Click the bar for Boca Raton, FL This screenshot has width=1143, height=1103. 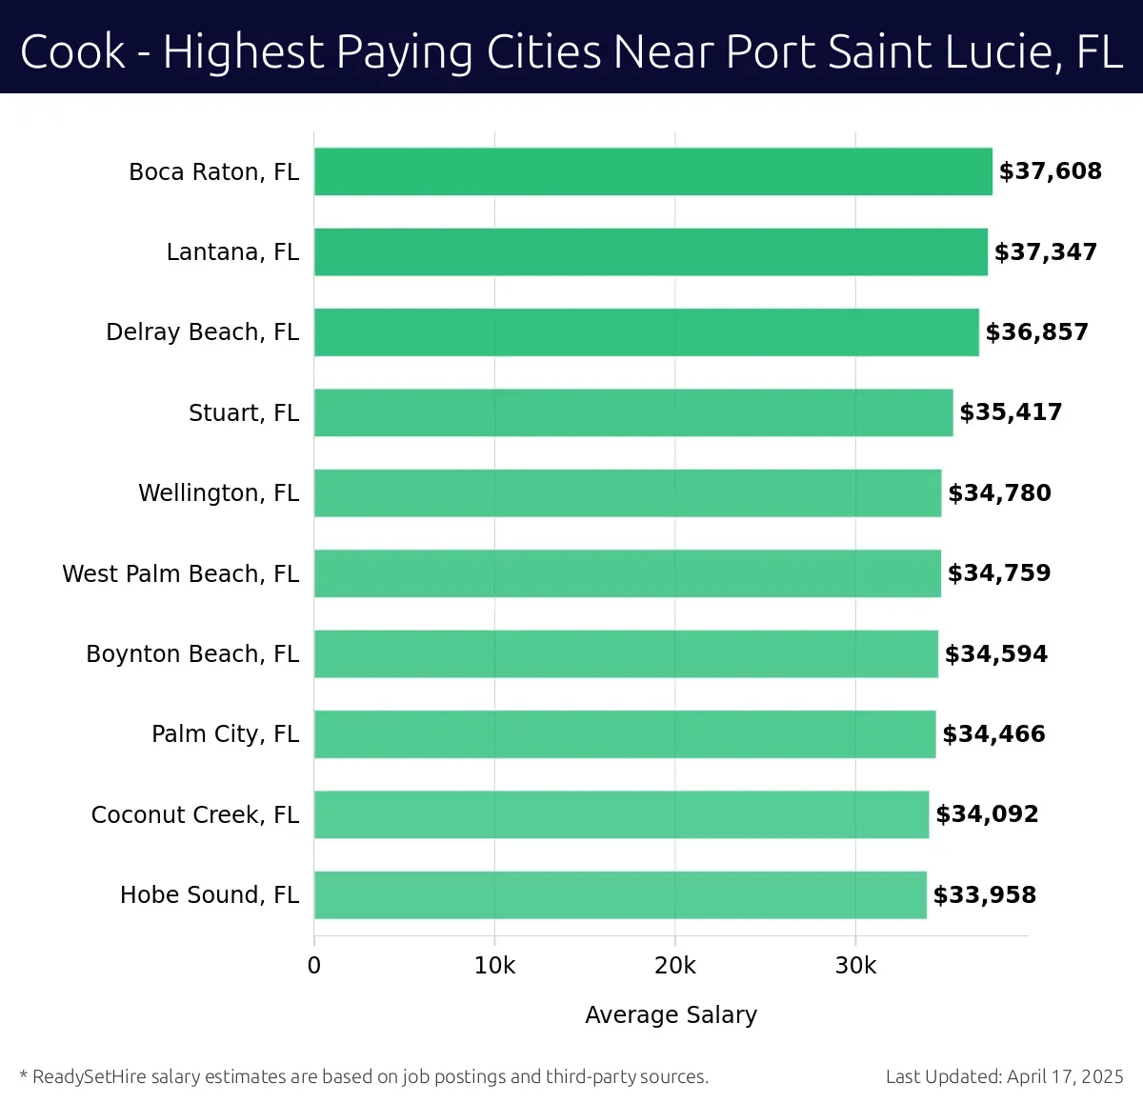(x=653, y=171)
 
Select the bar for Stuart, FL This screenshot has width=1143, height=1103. (x=633, y=412)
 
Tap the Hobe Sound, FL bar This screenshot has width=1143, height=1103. (x=620, y=894)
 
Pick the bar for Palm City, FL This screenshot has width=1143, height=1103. (x=625, y=734)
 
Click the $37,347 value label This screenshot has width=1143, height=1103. (x=1046, y=252)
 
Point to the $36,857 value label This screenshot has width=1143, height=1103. (x=1036, y=332)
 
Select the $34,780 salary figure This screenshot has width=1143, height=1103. (x=999, y=493)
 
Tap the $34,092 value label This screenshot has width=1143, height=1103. (x=987, y=814)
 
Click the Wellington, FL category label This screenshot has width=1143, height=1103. (x=218, y=493)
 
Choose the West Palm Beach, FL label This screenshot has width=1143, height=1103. (x=180, y=573)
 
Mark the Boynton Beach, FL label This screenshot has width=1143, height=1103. (x=192, y=654)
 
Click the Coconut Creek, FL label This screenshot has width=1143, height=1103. (x=195, y=815)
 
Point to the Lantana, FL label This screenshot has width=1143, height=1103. (x=232, y=252)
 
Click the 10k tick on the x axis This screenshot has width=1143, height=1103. (x=494, y=966)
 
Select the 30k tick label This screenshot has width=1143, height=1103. (x=855, y=966)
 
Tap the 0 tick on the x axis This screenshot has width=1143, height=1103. (x=314, y=966)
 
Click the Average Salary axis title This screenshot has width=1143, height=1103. (x=671, y=1015)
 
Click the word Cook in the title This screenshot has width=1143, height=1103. (x=72, y=51)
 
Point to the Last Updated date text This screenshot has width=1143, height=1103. (x=1004, y=1077)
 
